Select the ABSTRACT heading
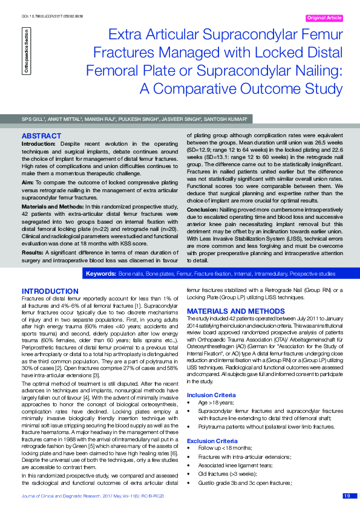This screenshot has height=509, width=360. pos(41,136)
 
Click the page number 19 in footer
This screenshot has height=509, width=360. pos(347,496)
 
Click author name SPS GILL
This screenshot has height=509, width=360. pos(33,119)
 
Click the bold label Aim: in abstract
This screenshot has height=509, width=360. pos(27,181)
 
